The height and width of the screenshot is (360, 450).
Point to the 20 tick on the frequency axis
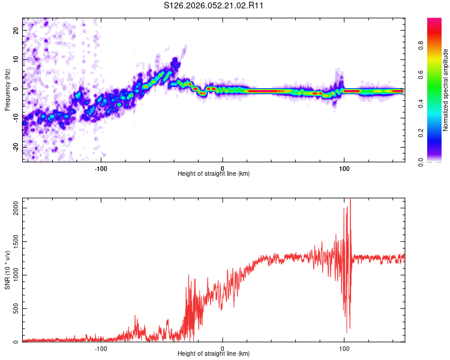(16, 30)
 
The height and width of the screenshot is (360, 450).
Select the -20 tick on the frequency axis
(16, 146)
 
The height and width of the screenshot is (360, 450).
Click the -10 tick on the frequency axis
(16, 118)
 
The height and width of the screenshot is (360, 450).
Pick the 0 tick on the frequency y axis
(16, 88)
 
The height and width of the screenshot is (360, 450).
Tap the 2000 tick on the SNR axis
(13, 207)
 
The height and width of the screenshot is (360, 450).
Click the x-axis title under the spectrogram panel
(214, 173)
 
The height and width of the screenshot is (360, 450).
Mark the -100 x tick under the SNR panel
(101, 348)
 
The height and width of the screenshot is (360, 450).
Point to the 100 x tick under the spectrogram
(344, 168)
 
